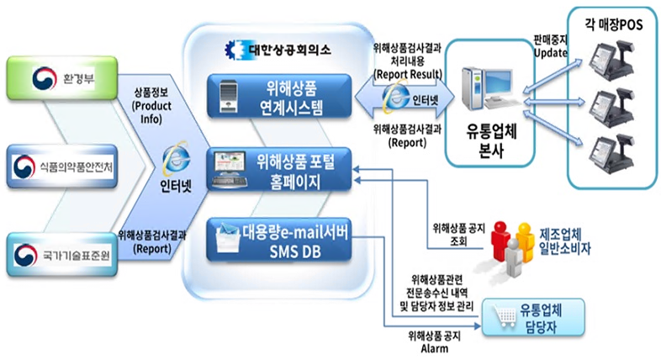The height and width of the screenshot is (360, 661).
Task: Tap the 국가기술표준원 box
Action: [x=62, y=253]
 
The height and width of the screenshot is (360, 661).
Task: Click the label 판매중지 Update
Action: [x=550, y=47]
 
